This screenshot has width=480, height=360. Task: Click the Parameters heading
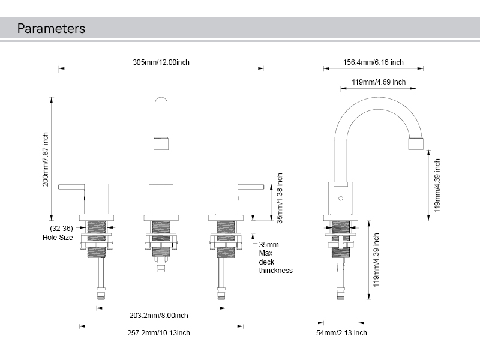[51, 28]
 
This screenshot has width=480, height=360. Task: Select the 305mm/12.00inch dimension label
[161, 62]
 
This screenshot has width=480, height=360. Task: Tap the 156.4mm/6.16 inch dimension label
[373, 62]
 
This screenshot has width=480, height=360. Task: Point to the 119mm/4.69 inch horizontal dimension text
[378, 82]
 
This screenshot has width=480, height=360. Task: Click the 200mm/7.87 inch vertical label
[46, 159]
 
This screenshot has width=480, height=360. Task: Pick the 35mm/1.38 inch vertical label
[280, 197]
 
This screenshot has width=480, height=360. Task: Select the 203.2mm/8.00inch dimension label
[158, 315]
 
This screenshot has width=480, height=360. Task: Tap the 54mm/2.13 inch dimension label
[342, 332]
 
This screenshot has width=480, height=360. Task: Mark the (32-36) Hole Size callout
[58, 233]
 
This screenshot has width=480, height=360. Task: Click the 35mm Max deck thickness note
[275, 257]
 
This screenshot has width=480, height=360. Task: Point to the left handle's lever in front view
[71, 187]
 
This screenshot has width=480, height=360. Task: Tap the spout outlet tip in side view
[416, 143]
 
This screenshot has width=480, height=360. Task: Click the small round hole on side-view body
[340, 197]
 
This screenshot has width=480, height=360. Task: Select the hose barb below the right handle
[221, 293]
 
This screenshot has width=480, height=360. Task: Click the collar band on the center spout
[161, 143]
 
